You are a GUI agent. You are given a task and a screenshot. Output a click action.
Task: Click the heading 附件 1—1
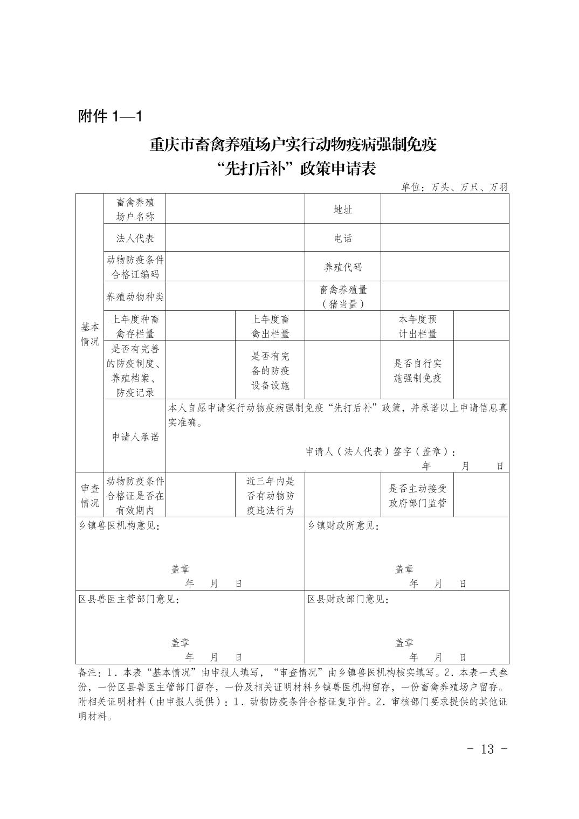point(110,116)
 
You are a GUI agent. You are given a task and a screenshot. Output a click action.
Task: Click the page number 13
point(486,749)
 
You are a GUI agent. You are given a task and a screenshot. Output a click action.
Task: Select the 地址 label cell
point(343,210)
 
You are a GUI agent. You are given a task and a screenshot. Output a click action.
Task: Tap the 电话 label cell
point(343,238)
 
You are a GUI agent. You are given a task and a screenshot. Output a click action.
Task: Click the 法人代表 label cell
point(135,238)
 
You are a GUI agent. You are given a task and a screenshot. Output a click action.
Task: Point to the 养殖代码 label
point(343,267)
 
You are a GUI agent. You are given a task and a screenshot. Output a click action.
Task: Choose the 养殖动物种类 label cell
point(135,296)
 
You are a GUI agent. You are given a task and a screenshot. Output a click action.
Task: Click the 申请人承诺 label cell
point(135,437)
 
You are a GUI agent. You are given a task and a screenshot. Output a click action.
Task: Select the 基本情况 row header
point(90,334)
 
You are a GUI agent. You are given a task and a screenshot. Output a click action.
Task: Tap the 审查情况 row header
point(90,496)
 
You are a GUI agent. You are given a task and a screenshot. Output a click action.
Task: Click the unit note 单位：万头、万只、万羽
point(454,188)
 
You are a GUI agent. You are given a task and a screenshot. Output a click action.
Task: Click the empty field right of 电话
point(445,238)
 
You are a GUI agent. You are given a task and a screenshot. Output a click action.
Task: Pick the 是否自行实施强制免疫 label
point(417,371)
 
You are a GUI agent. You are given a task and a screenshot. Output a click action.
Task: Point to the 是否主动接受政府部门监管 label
point(417,496)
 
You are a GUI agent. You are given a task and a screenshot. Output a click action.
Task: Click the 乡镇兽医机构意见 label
point(119,526)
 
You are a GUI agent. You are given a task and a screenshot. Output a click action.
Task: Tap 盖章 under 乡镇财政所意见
point(404,569)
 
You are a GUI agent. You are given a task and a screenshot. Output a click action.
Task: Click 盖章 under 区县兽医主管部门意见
point(180,642)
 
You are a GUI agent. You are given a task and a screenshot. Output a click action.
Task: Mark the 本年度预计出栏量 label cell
point(417,326)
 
